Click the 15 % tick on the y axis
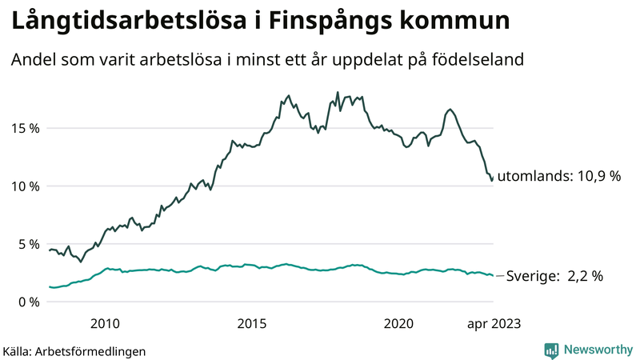24,128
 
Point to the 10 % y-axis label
24,186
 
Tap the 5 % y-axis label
27,244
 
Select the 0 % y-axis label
27,302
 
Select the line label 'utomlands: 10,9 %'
558,177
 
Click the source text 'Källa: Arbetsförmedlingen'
74,350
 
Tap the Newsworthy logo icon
551,350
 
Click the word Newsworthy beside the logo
596,350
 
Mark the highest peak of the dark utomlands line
338,92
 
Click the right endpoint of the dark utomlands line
491,181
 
